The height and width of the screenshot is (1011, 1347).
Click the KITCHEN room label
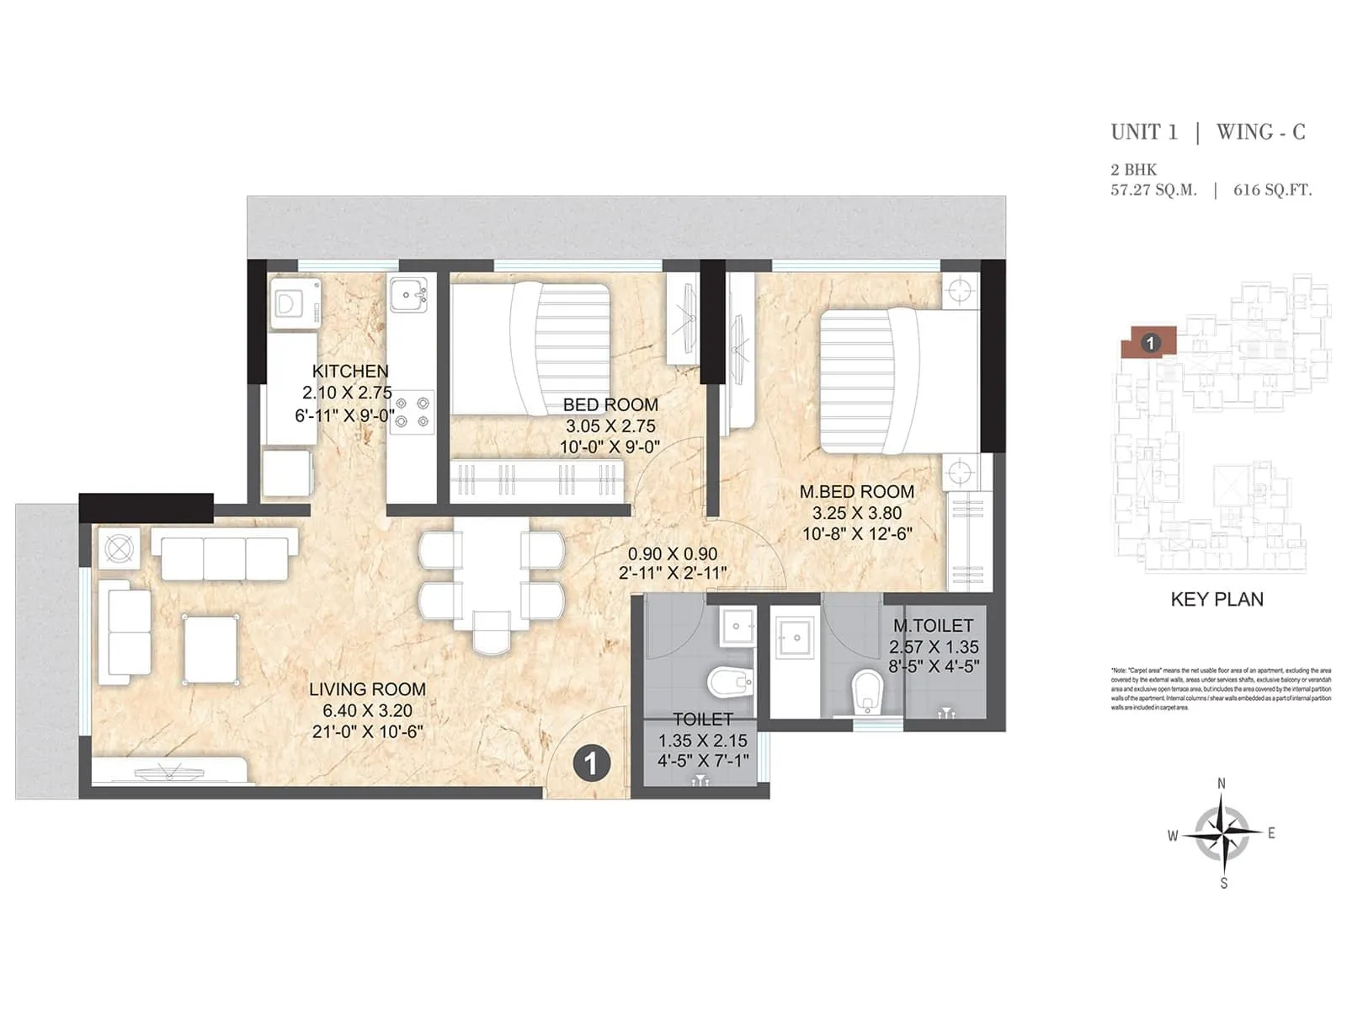pos(350,371)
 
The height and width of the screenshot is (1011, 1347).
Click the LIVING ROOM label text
pos(367,689)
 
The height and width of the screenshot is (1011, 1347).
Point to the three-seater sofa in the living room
pos(225,553)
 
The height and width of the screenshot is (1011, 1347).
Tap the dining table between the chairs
pos(492,573)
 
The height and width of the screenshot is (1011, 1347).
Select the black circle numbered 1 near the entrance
pos(591,763)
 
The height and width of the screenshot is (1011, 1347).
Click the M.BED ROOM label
pos(856,491)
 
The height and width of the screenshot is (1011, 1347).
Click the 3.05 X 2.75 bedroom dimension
pos(610,426)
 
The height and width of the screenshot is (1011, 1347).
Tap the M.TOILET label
pos(933,626)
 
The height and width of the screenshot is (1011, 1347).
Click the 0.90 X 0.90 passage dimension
pos(673,554)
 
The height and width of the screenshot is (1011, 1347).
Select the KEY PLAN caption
pos(1217,600)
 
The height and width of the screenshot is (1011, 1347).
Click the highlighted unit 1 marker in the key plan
pos(1150,343)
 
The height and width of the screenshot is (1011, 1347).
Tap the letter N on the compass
pos(1222,784)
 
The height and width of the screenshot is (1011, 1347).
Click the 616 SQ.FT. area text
pos(1272,190)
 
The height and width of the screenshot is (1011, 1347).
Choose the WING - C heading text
pos(1260,132)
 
